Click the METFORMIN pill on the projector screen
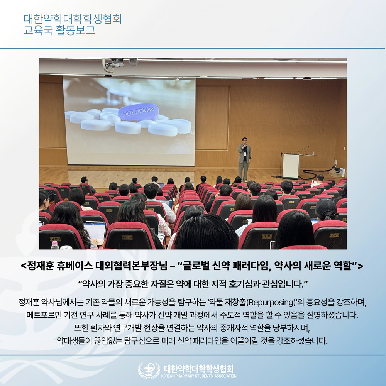click(x=138, y=112)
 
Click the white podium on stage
click(x=291, y=166)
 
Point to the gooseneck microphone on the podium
click(x=303, y=150)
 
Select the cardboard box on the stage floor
click(x=336, y=173)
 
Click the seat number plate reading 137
click(x=55, y=239)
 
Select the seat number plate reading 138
click(x=127, y=237)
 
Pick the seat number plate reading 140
click(x=267, y=236)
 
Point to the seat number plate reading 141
click(x=334, y=235)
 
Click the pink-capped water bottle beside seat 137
click(x=55, y=245)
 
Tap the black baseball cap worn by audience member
click(x=326, y=206)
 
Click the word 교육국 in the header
click(x=38, y=30)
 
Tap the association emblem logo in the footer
click(x=149, y=370)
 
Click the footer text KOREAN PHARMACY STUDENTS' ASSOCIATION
click(x=199, y=376)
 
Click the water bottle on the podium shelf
click(x=313, y=153)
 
